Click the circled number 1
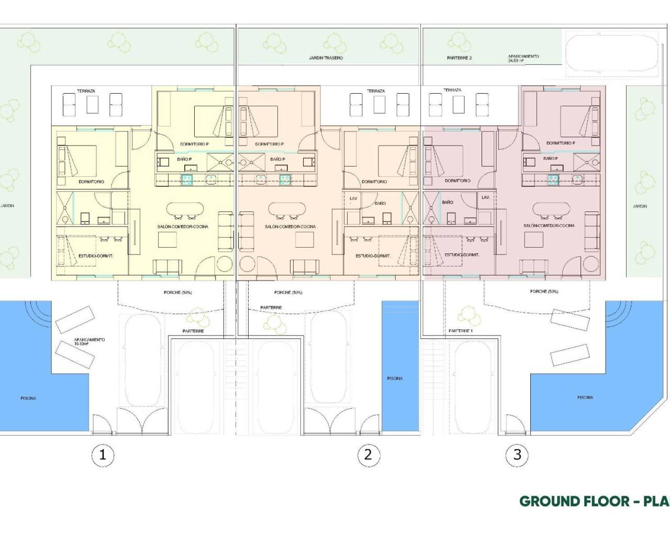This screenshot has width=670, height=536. pyautogui.click(x=103, y=454)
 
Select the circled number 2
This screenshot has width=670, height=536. pyautogui.click(x=368, y=454)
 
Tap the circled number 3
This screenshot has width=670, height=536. pyautogui.click(x=517, y=454)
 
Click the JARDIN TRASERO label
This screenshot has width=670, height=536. pyautogui.click(x=326, y=58)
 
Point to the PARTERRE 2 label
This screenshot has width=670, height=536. pyautogui.click(x=459, y=58)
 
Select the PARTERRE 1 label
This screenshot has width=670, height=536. pyautogui.click(x=461, y=331)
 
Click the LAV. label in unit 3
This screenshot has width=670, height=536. pyautogui.click(x=485, y=197)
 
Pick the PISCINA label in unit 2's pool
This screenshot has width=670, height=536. pyautogui.click(x=395, y=378)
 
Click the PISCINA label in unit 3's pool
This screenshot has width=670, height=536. pyautogui.click(x=585, y=397)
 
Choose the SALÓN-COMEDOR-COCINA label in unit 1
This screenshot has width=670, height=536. pyautogui.click(x=183, y=227)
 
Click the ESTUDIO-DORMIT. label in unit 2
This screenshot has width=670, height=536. pyautogui.click(x=373, y=256)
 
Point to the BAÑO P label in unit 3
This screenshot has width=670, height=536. pyautogui.click(x=550, y=158)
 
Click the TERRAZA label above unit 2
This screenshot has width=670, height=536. pyautogui.click(x=376, y=91)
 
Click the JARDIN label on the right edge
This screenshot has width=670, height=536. pyautogui.click(x=640, y=206)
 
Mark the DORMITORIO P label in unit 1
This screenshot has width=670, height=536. pyautogui.click(x=194, y=144)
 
